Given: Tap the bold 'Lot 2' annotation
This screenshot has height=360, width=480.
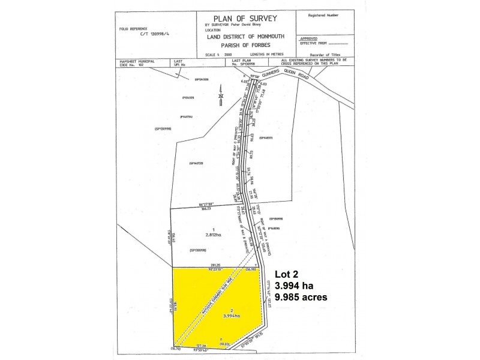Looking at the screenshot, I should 287,274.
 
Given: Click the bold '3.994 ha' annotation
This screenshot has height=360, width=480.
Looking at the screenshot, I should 294,285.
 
